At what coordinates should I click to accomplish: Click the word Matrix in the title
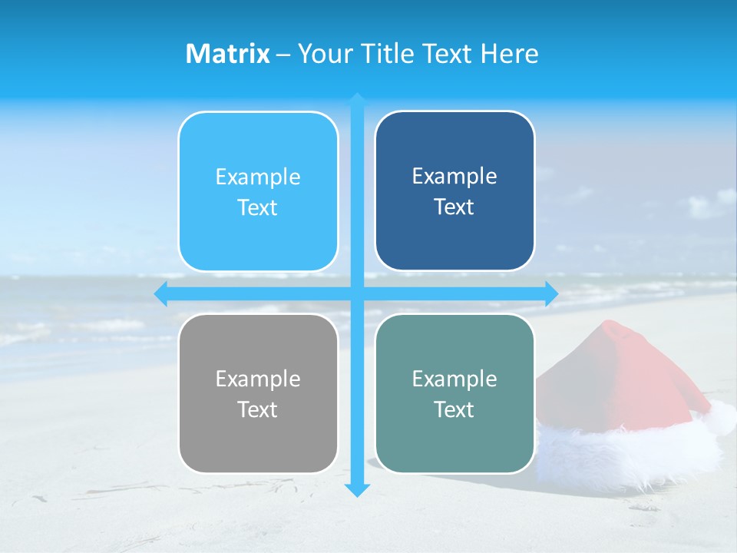coord(228,54)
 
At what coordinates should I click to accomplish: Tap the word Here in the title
coord(510,54)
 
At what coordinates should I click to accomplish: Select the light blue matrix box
coord(258,192)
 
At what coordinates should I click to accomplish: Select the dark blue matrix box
coord(454,191)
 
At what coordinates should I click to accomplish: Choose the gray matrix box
coord(258,393)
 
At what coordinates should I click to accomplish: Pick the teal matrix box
coord(454,393)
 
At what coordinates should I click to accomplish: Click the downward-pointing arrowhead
coord(357,490)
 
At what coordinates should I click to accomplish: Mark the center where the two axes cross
coord(357,294)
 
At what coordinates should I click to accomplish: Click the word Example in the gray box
coord(258,379)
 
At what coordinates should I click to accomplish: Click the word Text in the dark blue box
coord(454,207)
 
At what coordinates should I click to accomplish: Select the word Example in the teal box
coord(454,379)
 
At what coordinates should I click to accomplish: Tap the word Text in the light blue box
coord(258,208)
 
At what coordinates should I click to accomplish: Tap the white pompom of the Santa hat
coord(722,419)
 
